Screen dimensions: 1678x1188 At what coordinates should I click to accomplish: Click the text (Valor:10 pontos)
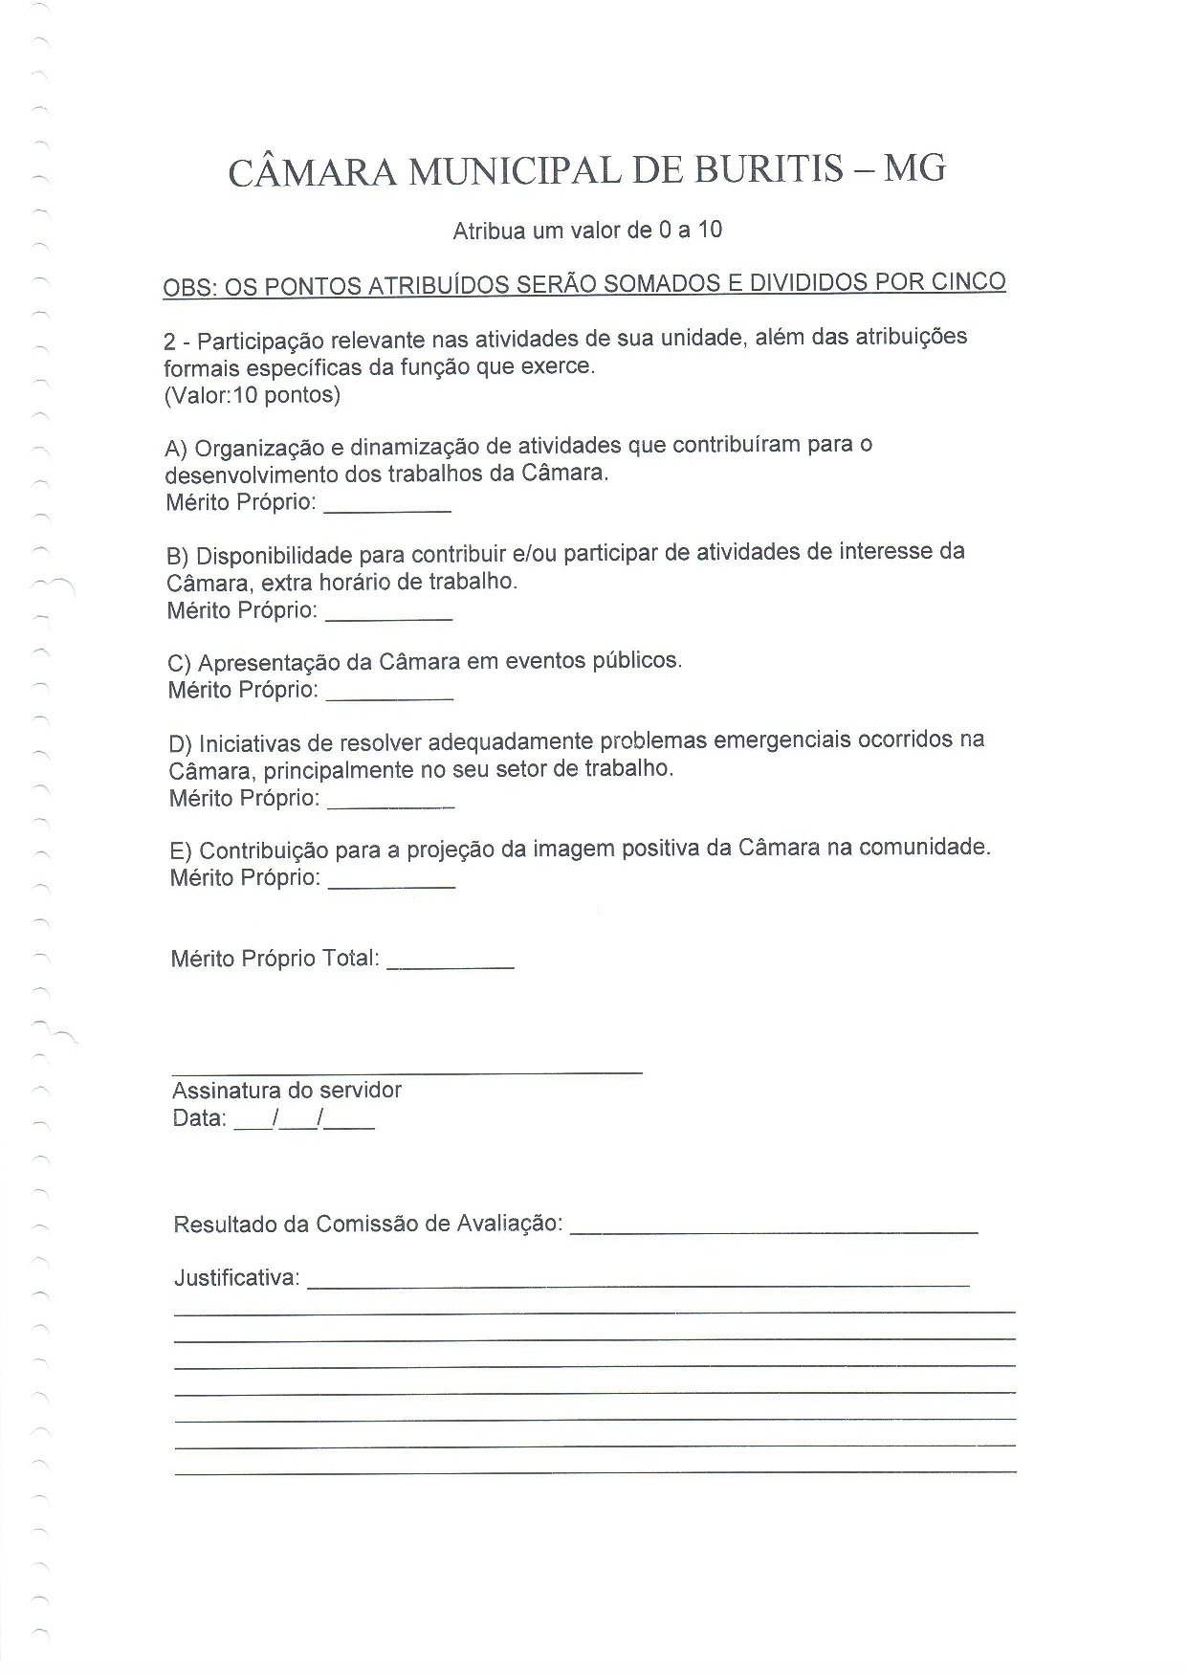coord(252,394)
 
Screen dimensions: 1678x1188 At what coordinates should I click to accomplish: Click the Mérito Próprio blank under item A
coord(387,508)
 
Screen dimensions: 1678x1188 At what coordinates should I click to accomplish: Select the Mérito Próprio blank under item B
coord(388,616)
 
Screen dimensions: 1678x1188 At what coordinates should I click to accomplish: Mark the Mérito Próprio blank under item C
coord(389,695)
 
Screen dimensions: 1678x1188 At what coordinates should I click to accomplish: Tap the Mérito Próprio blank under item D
coord(390,804)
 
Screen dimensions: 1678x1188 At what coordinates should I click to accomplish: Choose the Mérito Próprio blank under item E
coord(391,884)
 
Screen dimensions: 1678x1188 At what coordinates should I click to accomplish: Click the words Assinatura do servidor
coord(287,1091)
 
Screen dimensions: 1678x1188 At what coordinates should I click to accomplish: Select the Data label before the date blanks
coord(199,1118)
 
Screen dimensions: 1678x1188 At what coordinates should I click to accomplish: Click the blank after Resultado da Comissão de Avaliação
coord(774,1228)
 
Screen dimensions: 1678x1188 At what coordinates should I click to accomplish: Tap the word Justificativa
coord(236,1278)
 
